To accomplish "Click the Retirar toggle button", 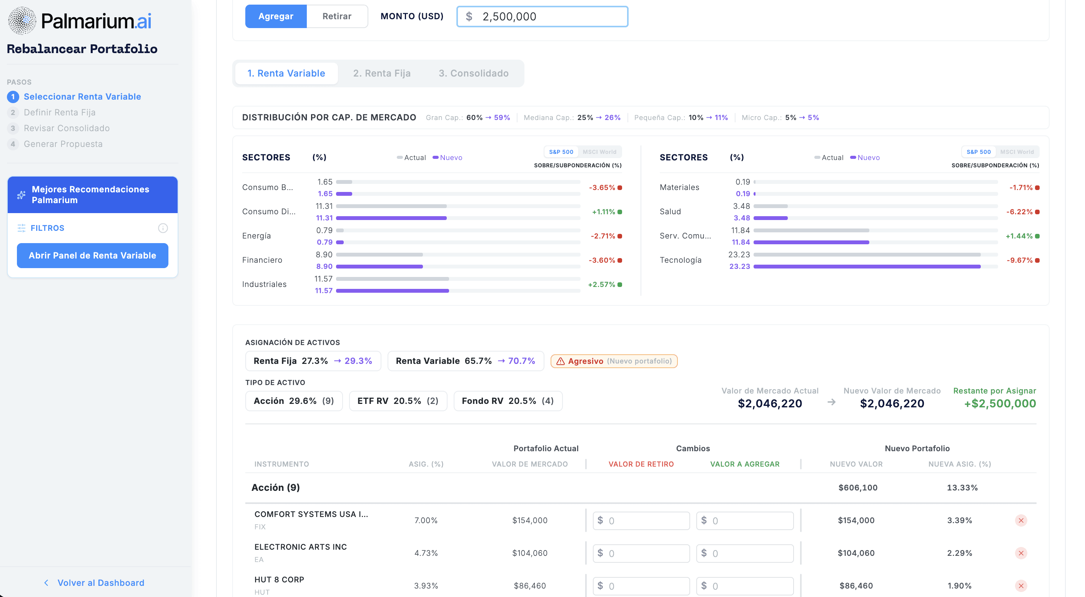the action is click(336, 17).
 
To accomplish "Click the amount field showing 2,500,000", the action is click(542, 17).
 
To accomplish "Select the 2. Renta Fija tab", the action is click(382, 73).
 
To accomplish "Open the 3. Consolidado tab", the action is click(473, 73).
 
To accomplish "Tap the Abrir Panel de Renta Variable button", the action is click(93, 255).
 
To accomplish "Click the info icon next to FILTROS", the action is click(163, 228).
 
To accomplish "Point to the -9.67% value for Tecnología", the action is click(1019, 260).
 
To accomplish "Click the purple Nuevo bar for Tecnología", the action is click(867, 266).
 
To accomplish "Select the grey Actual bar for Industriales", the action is click(393, 278).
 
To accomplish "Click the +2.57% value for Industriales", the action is click(601, 285).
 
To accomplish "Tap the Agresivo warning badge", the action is click(614, 361).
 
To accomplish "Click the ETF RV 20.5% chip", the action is click(398, 401).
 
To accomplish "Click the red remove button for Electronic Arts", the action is click(1020, 553).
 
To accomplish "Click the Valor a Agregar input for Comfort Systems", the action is click(745, 520).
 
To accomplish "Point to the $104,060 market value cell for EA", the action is click(529, 553).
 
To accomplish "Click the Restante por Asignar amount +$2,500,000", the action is click(1000, 404).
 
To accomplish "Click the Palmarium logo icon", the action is click(22, 21).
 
